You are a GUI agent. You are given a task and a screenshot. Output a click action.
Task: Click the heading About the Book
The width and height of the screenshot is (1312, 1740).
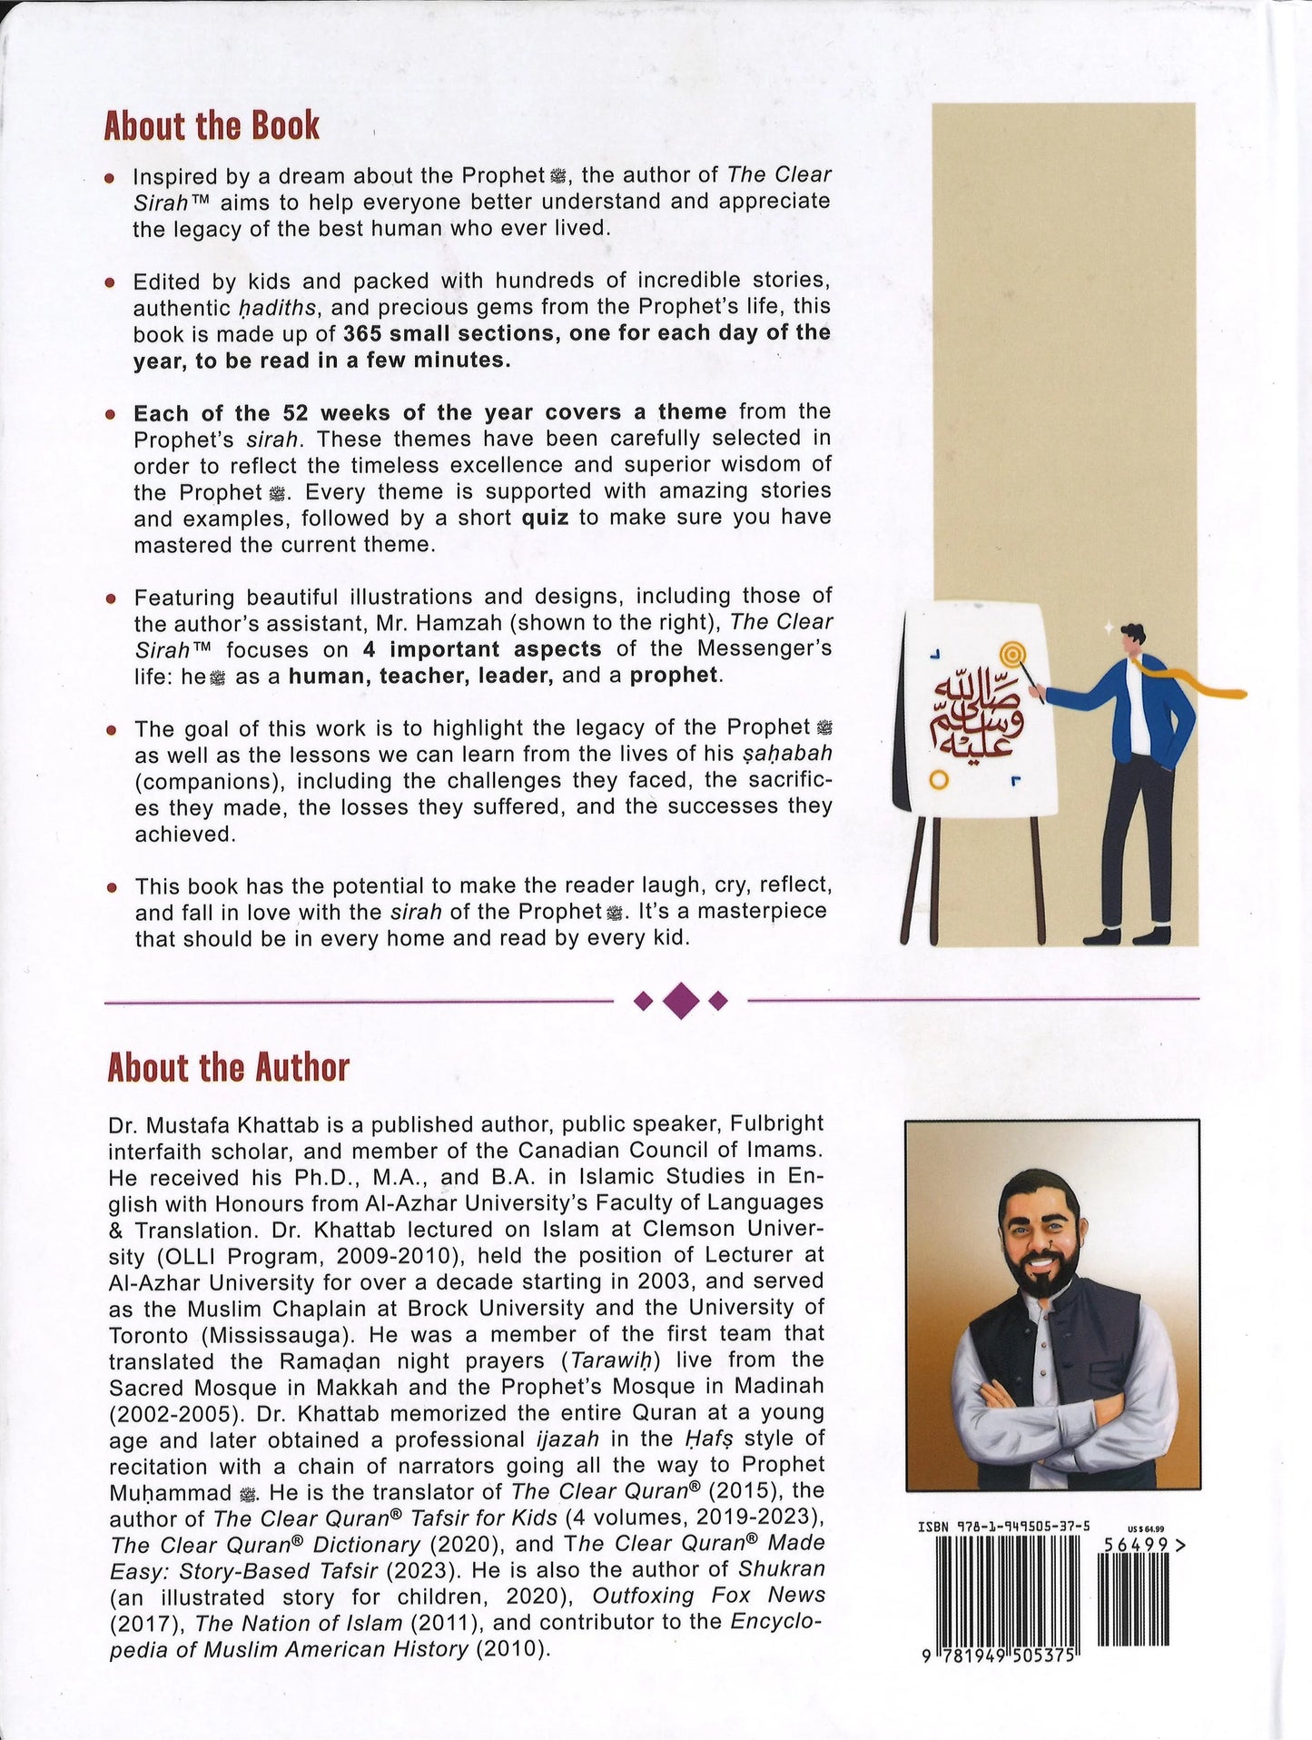pos(212,125)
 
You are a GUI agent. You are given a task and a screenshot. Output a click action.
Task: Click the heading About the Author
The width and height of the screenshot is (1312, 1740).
pos(228,1067)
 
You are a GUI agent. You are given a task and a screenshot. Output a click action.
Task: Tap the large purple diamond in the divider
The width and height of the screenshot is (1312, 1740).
pos(681,1001)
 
